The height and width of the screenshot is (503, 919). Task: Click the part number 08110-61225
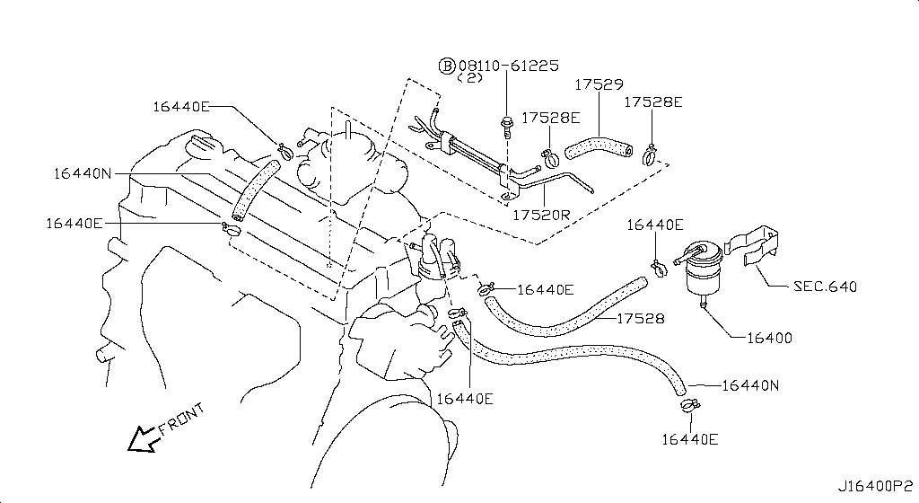click(x=509, y=66)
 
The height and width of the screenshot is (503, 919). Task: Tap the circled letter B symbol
click(x=447, y=66)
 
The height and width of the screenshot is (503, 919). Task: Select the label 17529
click(x=599, y=84)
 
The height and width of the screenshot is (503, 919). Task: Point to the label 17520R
click(x=541, y=216)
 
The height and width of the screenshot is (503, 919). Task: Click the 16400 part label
click(x=769, y=338)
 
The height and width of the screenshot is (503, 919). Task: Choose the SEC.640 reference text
click(x=825, y=287)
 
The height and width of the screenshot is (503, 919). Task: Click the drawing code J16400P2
click(x=875, y=486)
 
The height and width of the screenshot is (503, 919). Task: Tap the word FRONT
click(x=182, y=419)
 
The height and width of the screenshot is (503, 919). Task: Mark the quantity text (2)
click(x=470, y=78)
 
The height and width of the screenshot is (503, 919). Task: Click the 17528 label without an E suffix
click(x=641, y=318)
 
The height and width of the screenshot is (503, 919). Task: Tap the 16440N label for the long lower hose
click(x=750, y=385)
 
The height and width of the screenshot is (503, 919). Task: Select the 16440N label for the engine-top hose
click(x=82, y=173)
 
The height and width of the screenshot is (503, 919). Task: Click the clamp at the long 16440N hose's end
click(x=690, y=404)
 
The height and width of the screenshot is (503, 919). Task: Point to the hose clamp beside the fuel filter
click(x=659, y=269)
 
